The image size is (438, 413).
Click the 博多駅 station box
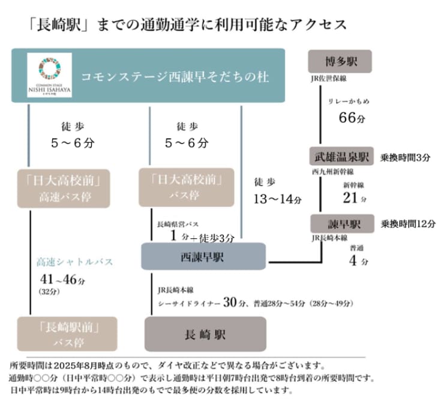[339, 62]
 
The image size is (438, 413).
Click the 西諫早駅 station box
[203, 256]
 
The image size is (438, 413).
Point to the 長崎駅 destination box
[205, 334]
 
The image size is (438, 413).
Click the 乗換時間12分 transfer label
[407, 224]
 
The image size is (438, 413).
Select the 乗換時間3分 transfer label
[405, 157]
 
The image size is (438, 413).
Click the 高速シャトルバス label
[74, 262]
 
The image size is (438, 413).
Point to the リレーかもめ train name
[349, 101]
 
